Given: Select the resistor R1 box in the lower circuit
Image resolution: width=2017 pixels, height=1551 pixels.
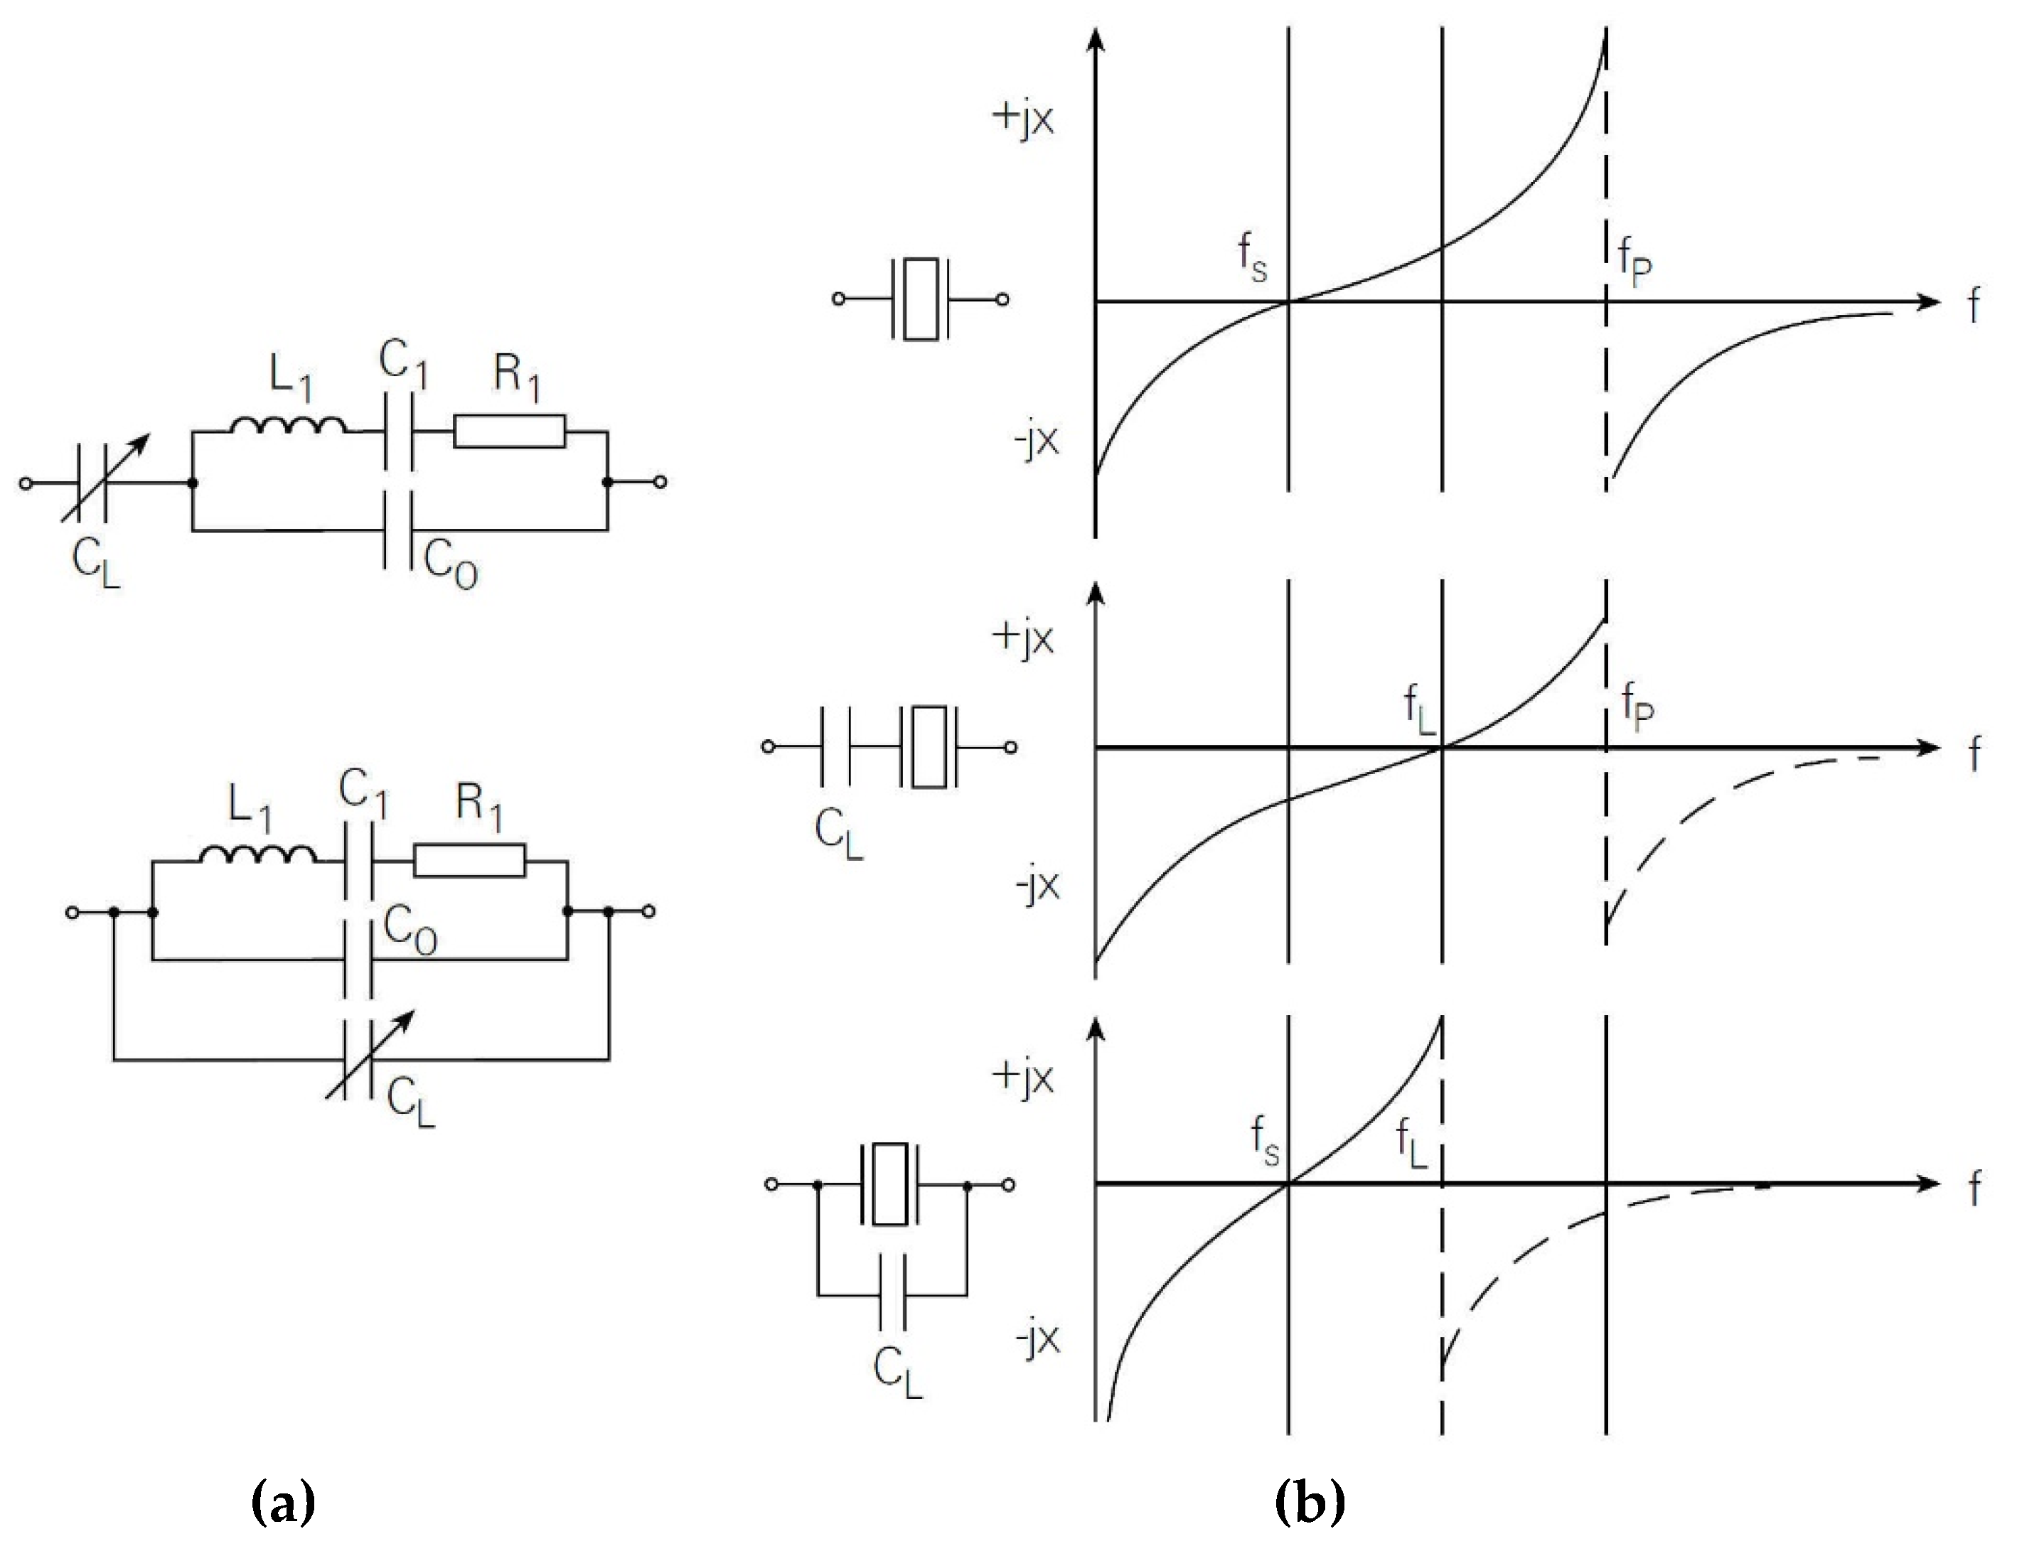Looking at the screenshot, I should [x=469, y=860].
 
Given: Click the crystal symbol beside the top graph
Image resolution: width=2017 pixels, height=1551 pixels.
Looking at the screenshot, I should [x=921, y=299].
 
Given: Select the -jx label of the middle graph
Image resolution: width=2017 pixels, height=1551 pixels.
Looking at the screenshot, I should [x=1035, y=886].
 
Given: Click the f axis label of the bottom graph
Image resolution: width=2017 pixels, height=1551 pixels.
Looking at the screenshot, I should [x=1974, y=1189].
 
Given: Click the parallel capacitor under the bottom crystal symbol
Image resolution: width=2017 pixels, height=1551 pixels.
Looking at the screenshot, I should [x=892, y=1292].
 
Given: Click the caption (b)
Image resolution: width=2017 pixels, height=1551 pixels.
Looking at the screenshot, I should [x=1310, y=1502].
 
